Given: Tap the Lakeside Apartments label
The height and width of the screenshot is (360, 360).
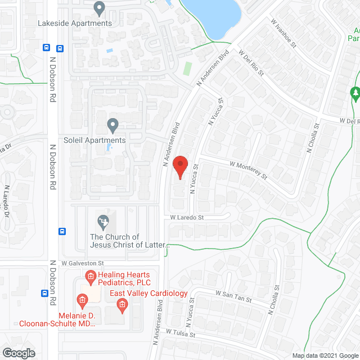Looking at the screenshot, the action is [x=74, y=23].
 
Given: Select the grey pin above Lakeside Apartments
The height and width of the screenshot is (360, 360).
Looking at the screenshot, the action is [x=100, y=9].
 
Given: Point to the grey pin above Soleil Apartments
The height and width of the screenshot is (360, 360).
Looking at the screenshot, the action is [x=112, y=124].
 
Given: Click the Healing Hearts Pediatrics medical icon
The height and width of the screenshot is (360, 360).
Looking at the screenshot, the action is [x=90, y=276].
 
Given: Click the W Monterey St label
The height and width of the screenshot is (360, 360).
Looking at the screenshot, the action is [x=248, y=170].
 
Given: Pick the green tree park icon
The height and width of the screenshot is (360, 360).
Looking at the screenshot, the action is [x=355, y=93].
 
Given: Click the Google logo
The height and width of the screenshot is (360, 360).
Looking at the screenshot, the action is [x=18, y=353].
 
